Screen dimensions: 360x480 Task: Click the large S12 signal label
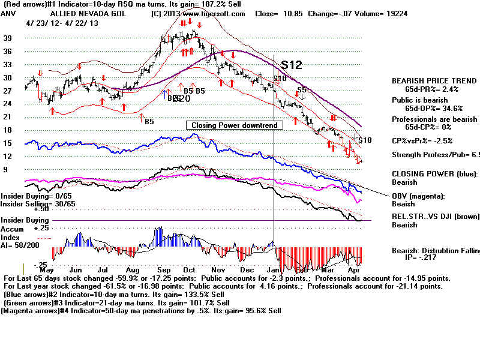290,65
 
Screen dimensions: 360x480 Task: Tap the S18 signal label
365,140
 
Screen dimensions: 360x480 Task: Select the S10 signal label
280,79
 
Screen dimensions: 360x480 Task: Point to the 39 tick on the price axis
8,38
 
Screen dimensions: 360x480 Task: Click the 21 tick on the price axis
8,117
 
